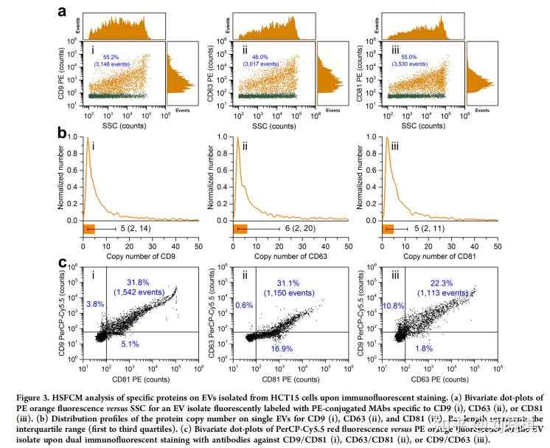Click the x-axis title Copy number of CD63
tap(280, 256)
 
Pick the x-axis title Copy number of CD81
tap(431, 256)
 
